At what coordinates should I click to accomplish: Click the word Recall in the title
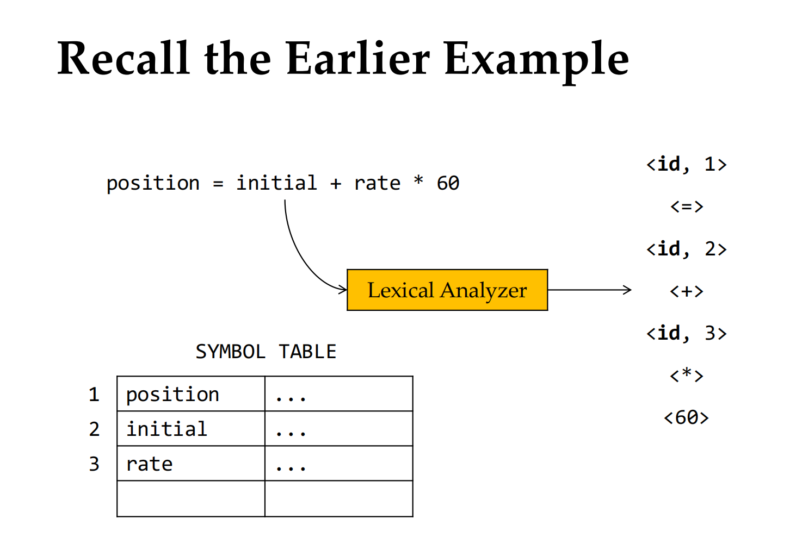[124, 58]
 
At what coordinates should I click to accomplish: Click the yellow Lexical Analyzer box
[447, 290]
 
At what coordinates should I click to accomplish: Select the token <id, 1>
[686, 165]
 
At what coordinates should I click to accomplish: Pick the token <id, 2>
[686, 249]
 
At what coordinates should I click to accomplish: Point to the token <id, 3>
[686, 333]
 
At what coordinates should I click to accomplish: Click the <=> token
[687, 207]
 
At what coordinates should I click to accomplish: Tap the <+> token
[687, 291]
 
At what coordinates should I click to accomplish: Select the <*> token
[687, 376]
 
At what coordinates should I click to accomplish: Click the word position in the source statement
[153, 184]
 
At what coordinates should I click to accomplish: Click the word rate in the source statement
[377, 184]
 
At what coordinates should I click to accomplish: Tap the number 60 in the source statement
[448, 183]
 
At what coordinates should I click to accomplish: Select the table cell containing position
[191, 393]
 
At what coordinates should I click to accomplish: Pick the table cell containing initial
[191, 428]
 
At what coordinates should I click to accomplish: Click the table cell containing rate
[191, 463]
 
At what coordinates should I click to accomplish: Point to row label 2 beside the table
[94, 429]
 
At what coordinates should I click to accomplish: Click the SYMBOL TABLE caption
[266, 352]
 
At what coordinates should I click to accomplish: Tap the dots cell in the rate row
[339, 463]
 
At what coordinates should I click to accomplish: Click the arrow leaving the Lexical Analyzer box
[590, 290]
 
